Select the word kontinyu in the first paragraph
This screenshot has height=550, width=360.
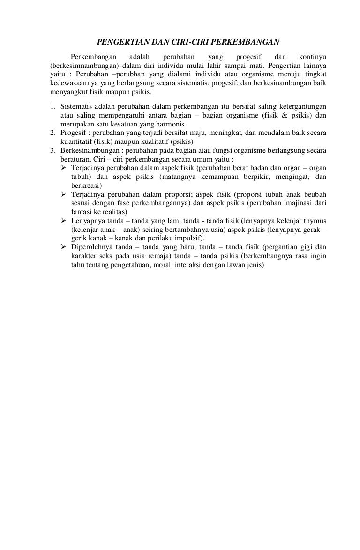[313, 57]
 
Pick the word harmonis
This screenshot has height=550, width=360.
[171, 124]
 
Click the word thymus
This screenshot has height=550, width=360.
[316, 220]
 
